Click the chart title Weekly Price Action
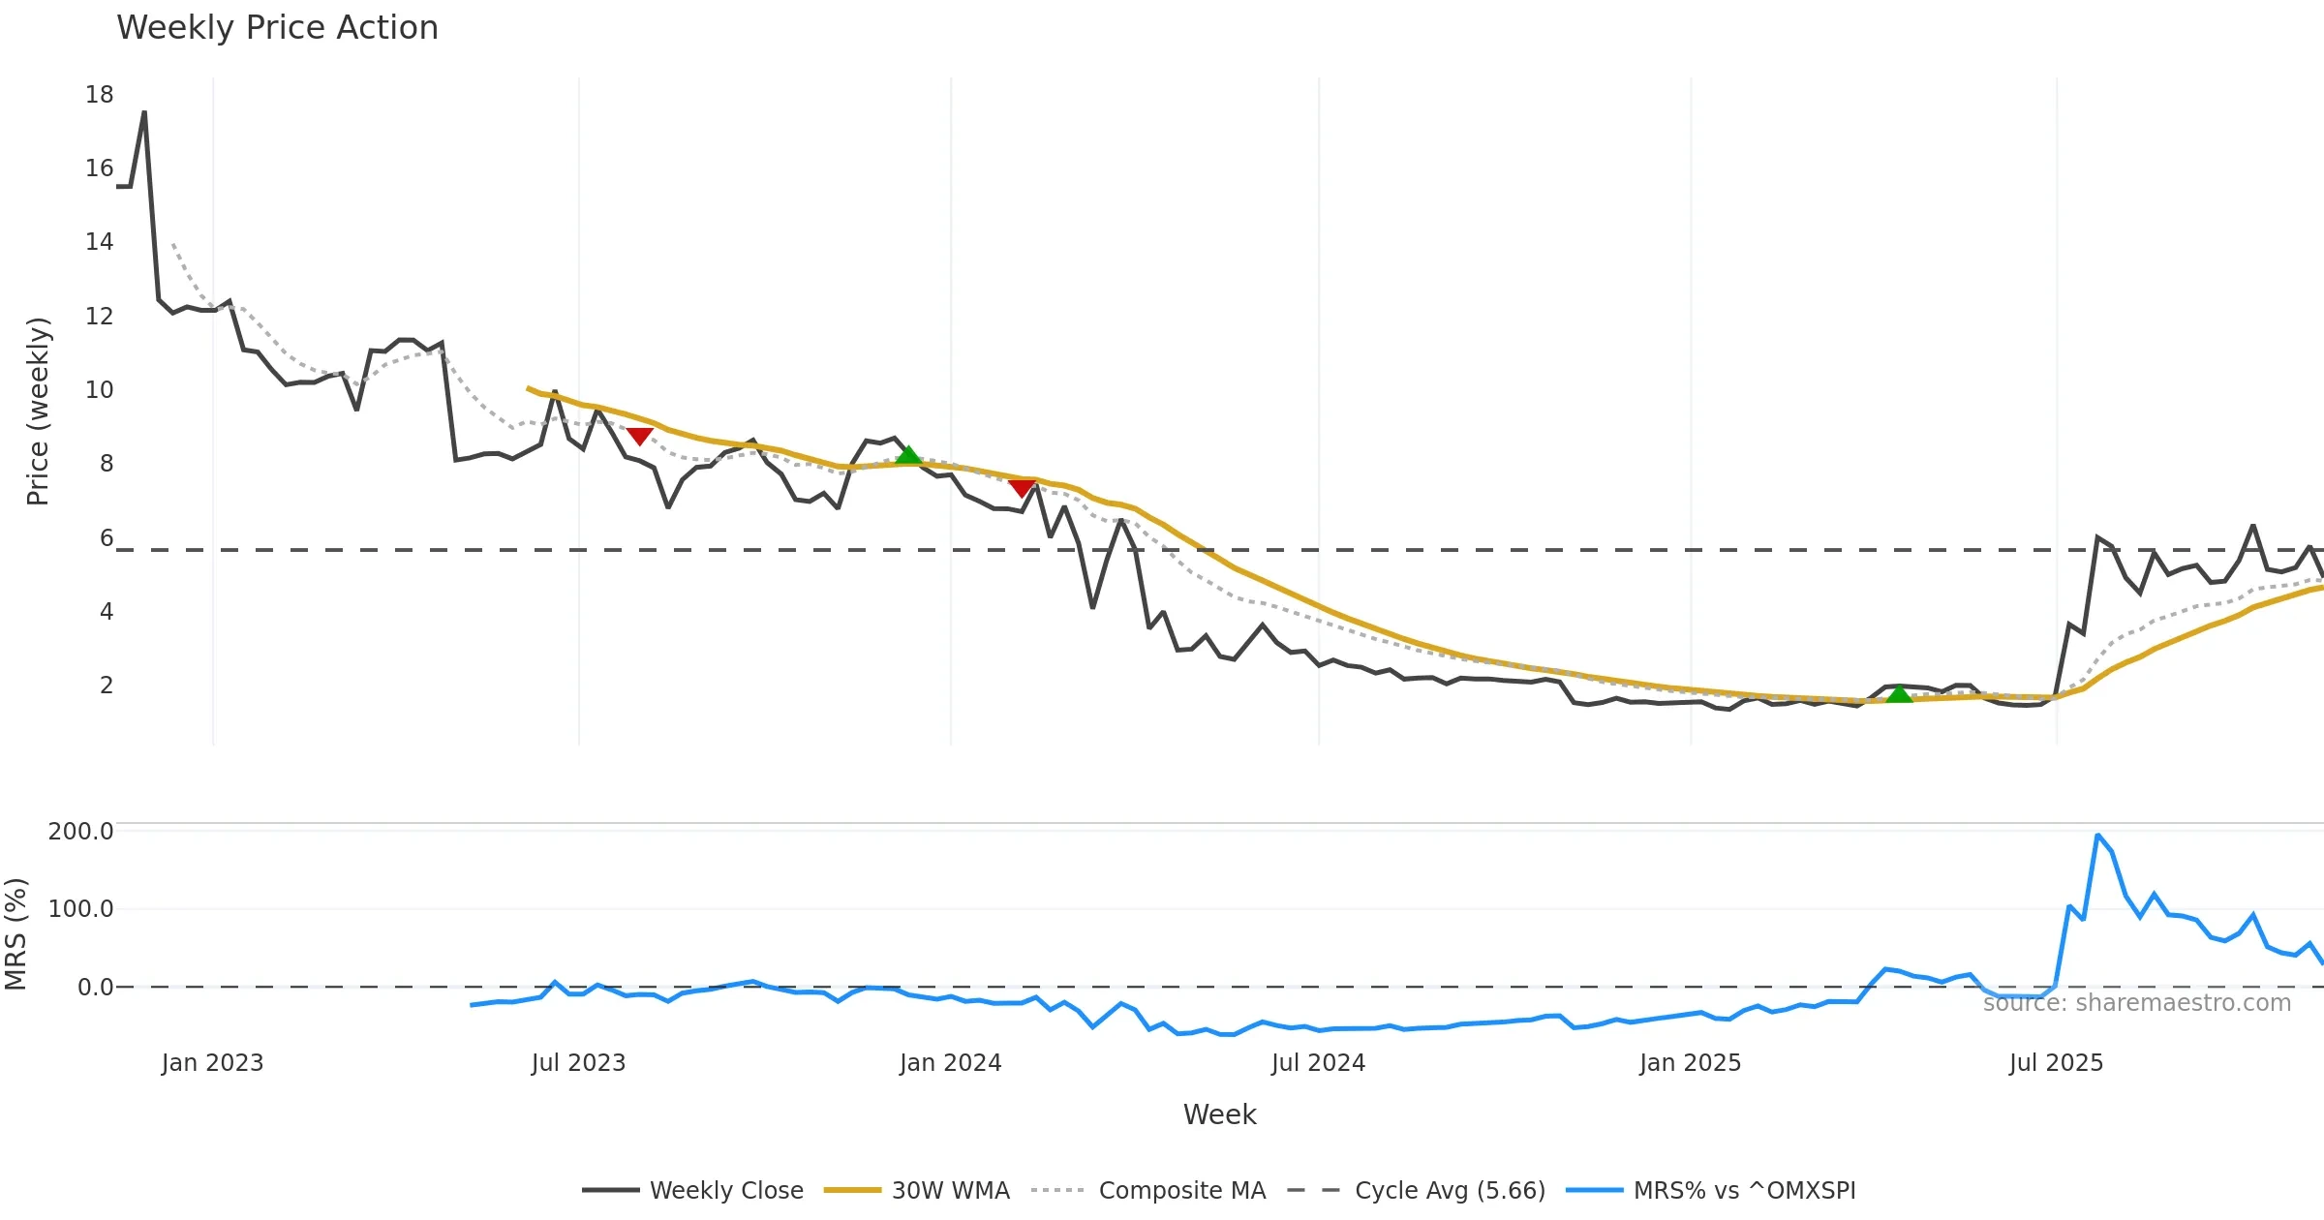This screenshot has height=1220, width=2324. (x=277, y=28)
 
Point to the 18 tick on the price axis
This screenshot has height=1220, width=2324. (x=100, y=95)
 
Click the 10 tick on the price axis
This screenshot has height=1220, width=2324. (x=100, y=390)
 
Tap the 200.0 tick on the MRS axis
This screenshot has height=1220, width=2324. (x=81, y=832)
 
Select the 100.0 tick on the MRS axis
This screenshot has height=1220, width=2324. (x=81, y=909)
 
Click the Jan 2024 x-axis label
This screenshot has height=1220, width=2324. (x=950, y=1063)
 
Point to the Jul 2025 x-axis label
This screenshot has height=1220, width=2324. (x=2056, y=1063)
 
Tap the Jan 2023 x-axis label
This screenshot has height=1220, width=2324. (x=212, y=1063)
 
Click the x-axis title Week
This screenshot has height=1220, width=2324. (x=1219, y=1114)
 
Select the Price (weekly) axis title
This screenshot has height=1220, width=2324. (x=38, y=412)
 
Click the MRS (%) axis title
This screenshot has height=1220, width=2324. (x=16, y=934)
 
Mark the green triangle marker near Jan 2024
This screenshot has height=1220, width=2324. (x=908, y=455)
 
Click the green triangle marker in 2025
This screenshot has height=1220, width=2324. (x=1900, y=693)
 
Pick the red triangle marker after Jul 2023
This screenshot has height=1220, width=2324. (x=639, y=436)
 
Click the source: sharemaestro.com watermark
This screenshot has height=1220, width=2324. (x=2136, y=1003)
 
